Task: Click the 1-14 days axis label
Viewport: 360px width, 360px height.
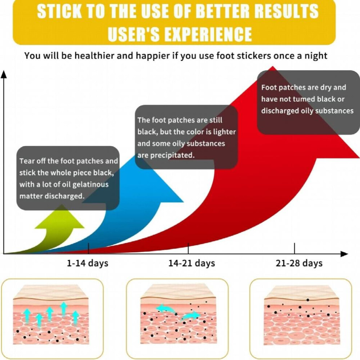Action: pos(88,263)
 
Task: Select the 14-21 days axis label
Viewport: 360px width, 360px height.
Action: pos(192,263)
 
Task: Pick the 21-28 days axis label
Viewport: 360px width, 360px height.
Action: pos(299,263)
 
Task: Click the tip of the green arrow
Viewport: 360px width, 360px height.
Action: pos(62,205)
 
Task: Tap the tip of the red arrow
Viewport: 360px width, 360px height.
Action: pos(273,67)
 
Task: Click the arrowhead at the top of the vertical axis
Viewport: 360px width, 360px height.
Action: pos(4,74)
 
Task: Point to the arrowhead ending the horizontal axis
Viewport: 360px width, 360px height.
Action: pos(344,254)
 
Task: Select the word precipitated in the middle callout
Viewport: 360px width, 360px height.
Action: pos(172,155)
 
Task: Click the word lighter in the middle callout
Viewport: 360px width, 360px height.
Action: pos(224,132)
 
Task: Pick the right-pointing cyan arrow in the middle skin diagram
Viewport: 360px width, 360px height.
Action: pos(191,316)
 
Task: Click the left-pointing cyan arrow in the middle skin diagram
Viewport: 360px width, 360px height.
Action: pos(166,308)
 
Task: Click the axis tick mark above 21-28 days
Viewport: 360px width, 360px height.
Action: pos(294,248)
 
